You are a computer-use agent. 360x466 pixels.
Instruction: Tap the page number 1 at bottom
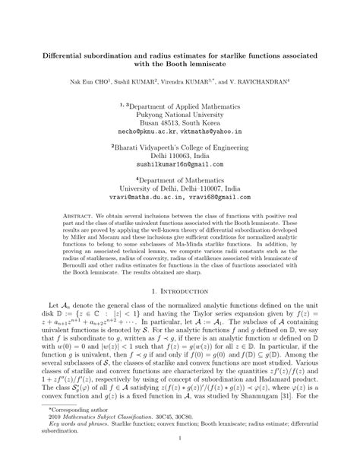pos(179,459)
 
